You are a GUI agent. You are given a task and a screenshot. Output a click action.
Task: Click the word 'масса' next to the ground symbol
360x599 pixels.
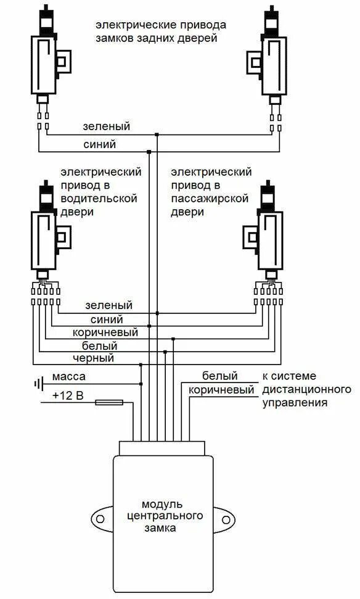[68, 376]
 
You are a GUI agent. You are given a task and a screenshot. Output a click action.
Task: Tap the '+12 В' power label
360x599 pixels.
[68, 395]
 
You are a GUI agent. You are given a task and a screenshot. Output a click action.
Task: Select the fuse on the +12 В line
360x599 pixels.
[109, 403]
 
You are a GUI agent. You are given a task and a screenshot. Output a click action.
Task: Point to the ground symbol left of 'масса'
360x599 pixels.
[39, 384]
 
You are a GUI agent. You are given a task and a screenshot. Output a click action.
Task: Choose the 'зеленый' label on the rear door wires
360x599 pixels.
[107, 126]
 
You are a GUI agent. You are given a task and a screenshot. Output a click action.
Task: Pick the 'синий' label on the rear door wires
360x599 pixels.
[99, 144]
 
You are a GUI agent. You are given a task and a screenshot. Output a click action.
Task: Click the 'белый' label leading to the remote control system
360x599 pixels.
[216, 376]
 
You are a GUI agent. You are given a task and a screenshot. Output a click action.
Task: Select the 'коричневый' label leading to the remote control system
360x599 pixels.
[221, 390]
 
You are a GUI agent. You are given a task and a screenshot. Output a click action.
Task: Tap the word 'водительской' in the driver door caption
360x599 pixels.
[99, 199]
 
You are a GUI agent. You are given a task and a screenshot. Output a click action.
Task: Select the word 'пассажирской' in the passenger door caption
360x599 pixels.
[210, 199]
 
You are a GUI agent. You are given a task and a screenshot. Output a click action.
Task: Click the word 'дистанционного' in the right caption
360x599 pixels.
[306, 389]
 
